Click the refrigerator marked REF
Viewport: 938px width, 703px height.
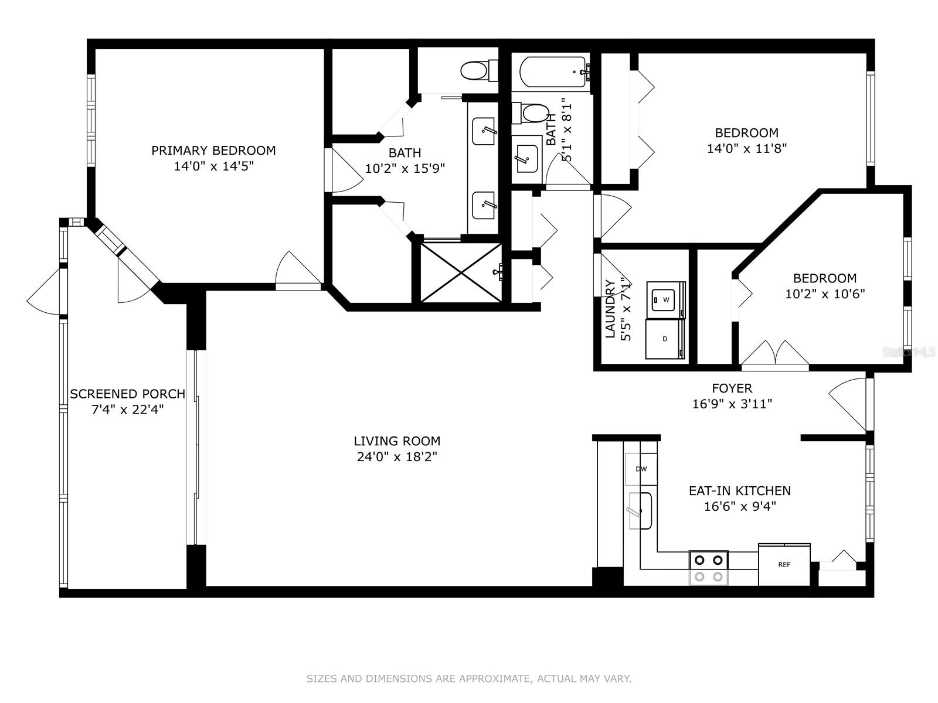784,564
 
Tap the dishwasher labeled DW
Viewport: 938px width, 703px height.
641,469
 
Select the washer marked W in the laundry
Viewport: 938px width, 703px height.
666,299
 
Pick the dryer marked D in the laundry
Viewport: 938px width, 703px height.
665,339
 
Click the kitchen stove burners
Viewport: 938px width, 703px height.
709,568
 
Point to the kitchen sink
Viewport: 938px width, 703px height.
640,510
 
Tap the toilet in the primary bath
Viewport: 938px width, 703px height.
479,70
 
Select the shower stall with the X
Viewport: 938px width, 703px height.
461,272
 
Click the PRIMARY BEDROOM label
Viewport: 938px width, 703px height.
213,150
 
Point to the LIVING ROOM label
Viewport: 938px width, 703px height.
397,441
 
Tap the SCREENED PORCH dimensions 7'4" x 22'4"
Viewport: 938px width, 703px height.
128,409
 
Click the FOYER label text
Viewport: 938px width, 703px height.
732,388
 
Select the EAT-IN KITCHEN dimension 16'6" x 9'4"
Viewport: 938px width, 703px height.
740,506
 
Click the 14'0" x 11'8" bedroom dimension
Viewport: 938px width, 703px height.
746,148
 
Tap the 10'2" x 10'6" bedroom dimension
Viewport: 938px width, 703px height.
825,294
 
